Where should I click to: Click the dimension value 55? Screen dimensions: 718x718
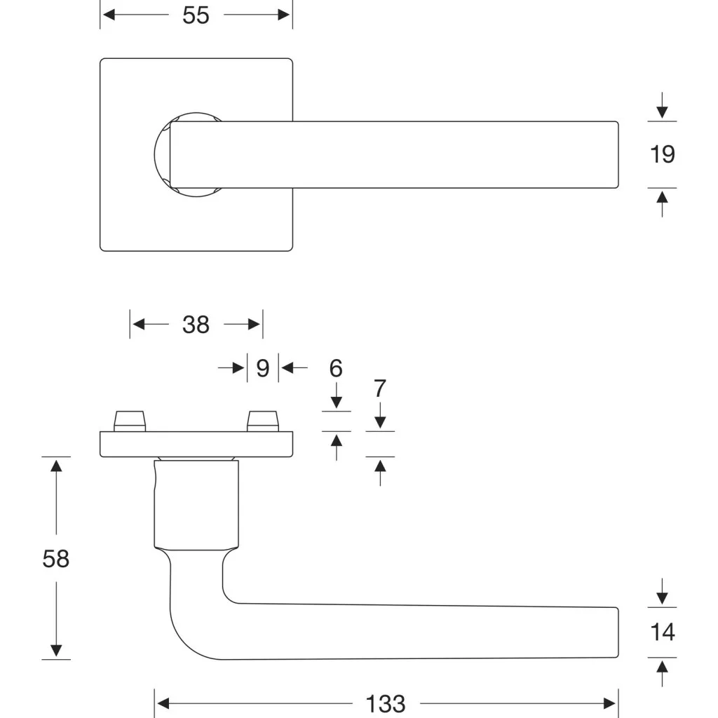196,15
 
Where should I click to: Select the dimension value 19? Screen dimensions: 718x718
662,154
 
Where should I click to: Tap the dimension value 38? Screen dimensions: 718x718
196,325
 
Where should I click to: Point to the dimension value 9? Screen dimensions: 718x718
263,368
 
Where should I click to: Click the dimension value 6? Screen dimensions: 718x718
336,368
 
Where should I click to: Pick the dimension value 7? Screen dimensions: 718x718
380,388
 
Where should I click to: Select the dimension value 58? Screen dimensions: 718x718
56,559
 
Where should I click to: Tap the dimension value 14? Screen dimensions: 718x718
662,632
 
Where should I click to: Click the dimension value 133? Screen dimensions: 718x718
386,704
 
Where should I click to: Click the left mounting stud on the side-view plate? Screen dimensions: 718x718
130,421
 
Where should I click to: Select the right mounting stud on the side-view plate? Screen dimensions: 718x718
263,421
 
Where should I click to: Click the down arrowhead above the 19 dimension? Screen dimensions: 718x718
662,113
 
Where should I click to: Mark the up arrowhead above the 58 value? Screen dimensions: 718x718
56,466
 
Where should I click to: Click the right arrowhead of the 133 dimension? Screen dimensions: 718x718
609,703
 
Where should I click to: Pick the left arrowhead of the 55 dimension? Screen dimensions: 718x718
109,15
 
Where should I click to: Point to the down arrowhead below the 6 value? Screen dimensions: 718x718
336,402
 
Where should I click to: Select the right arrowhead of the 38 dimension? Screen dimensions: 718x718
254,324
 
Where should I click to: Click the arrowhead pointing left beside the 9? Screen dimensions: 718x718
287,367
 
